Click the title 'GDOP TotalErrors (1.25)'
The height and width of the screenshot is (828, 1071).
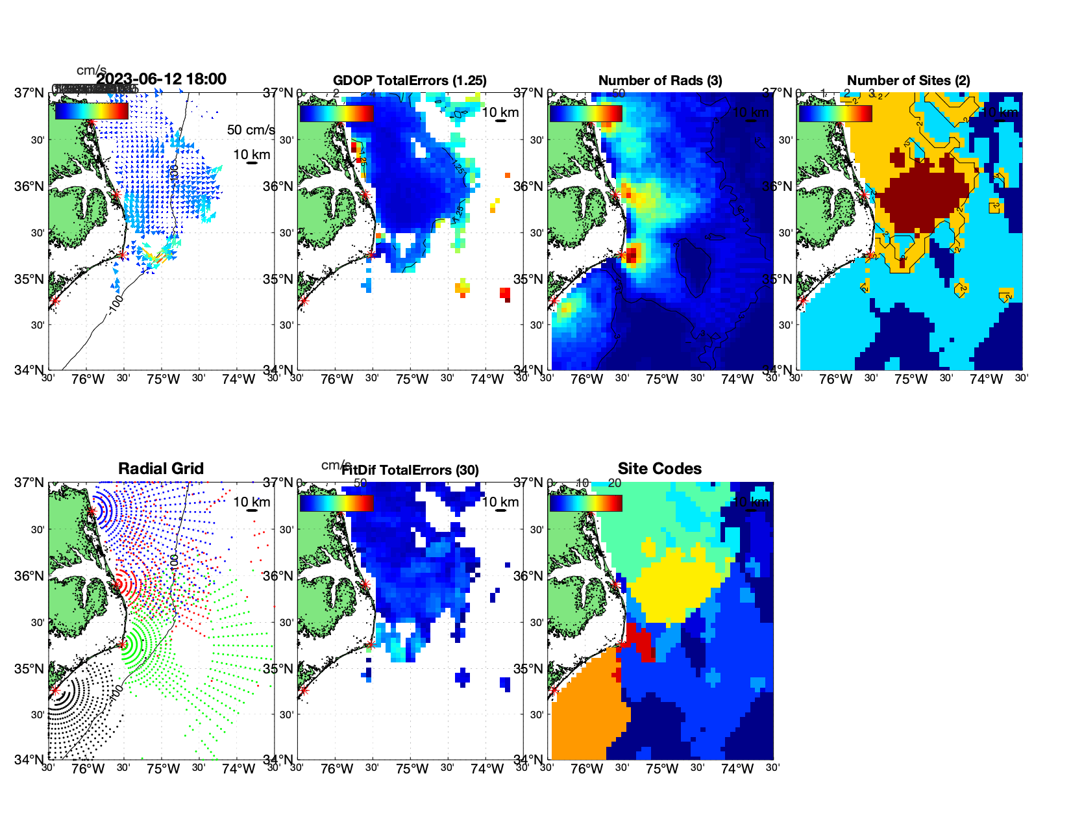(x=410, y=81)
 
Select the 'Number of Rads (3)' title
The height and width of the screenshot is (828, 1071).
(x=660, y=81)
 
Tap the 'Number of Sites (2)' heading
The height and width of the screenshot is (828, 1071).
(x=908, y=81)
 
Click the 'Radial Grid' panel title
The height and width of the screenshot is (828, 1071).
(x=161, y=469)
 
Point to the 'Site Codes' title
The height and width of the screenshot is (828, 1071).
(x=659, y=469)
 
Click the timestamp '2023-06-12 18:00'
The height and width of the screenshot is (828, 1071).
(x=162, y=79)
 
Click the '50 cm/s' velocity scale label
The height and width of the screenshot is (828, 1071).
(x=251, y=130)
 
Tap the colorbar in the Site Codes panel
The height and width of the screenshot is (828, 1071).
(x=586, y=503)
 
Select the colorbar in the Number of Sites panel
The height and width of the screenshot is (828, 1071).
(x=835, y=114)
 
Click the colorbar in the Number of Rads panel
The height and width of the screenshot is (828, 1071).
(x=586, y=114)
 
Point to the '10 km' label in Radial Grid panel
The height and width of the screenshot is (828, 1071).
(x=251, y=502)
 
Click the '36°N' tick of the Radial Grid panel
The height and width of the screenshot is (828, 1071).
(x=29, y=576)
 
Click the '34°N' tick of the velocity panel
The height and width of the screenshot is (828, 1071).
(x=29, y=370)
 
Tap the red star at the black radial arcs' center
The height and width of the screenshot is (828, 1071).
(x=55, y=691)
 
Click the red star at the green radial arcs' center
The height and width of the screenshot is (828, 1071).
(x=122, y=644)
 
